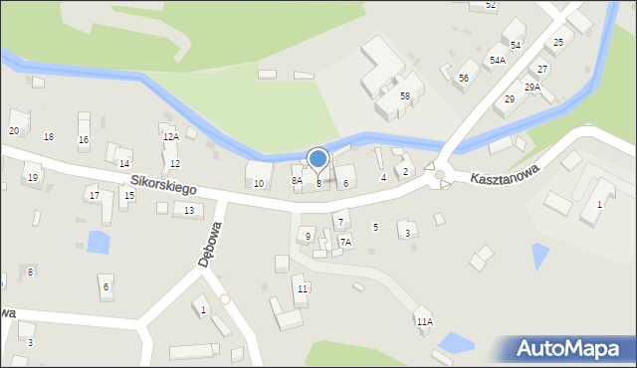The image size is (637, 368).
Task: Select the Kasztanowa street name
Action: point(506,175)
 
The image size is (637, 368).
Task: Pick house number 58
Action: point(405,95)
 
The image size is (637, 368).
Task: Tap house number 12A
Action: point(171,137)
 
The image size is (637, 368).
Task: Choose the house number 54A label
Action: point(496,61)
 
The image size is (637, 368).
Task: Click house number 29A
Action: point(532,88)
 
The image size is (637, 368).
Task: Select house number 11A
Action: point(425,322)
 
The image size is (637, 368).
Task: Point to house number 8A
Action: point(297,181)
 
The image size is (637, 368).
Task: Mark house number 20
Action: point(14,131)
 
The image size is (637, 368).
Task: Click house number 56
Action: point(464,78)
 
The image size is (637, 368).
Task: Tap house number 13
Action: point(188,211)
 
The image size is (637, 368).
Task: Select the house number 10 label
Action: point(259,184)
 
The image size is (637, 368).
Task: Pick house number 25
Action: point(558,43)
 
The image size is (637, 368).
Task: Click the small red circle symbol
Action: point(225,298)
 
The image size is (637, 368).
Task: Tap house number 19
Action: point(33,178)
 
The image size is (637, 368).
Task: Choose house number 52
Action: point(491,5)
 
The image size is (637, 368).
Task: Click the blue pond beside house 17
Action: point(99,241)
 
